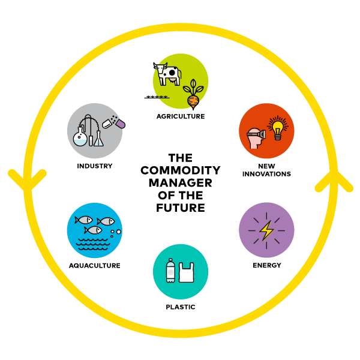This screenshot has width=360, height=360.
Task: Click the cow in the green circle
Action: (x=167, y=75)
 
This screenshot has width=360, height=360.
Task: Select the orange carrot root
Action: (x=193, y=101)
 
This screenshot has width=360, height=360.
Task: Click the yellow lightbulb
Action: (x=277, y=127)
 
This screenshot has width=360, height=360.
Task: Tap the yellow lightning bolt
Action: (x=266, y=230)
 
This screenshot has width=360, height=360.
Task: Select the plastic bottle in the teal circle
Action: (x=170, y=271)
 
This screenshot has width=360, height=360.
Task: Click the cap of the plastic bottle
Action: (x=170, y=260)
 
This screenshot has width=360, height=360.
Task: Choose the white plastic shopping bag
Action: (x=186, y=273)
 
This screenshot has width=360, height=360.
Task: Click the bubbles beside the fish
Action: (x=116, y=232)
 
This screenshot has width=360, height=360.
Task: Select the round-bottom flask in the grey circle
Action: (x=80, y=137)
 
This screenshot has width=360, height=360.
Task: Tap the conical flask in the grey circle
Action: (x=99, y=139)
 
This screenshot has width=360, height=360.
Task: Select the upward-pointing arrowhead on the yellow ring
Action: (x=334, y=181)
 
